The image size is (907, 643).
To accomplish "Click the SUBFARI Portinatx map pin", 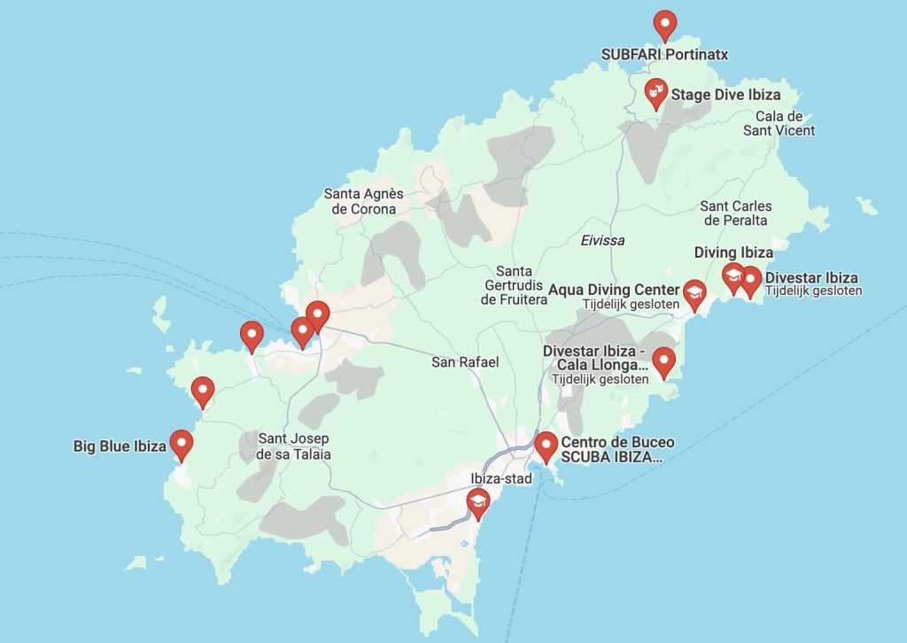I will tap(664, 23).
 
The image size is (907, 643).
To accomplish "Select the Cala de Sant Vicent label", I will tap(779, 123).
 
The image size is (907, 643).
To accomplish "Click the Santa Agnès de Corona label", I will tap(363, 201).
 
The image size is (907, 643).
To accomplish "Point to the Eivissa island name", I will tap(602, 240).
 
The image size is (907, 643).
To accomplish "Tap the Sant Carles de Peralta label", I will tap(734, 213).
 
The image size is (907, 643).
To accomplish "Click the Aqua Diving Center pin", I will tap(694, 293).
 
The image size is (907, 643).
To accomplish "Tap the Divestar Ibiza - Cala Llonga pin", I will tap(663, 360).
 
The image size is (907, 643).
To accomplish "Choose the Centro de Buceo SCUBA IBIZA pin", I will tap(547, 445).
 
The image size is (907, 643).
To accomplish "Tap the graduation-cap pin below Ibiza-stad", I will tap(478, 504).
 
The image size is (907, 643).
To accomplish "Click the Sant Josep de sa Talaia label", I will tap(294, 446).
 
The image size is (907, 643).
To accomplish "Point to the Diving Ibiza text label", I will tap(733, 252).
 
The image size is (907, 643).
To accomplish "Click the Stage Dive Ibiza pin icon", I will tap(655, 91).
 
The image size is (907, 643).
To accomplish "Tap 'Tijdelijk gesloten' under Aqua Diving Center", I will tap(630, 304).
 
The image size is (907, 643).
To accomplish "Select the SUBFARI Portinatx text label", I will tap(664, 54).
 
